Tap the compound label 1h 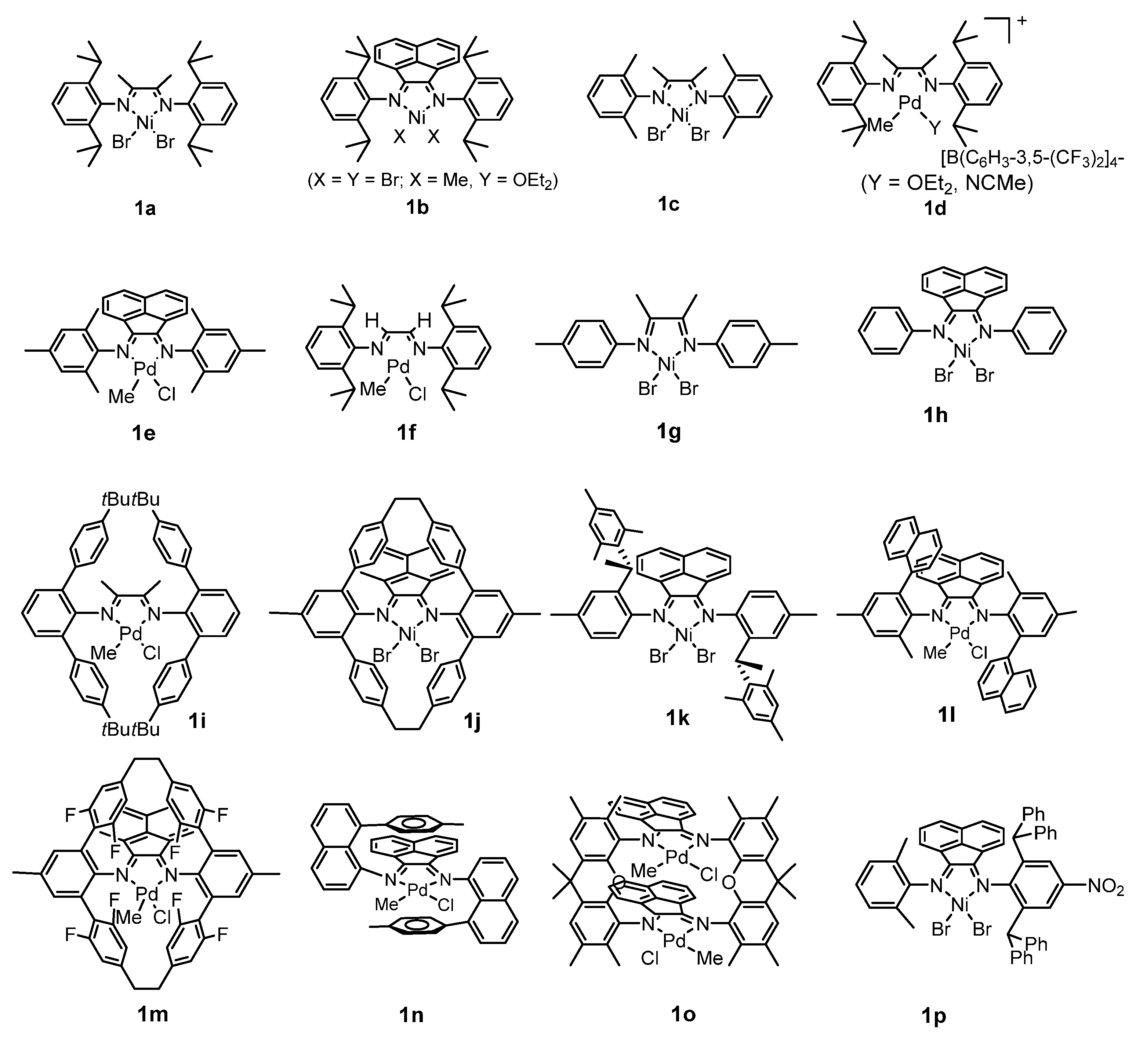935,415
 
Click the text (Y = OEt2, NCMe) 947,184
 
